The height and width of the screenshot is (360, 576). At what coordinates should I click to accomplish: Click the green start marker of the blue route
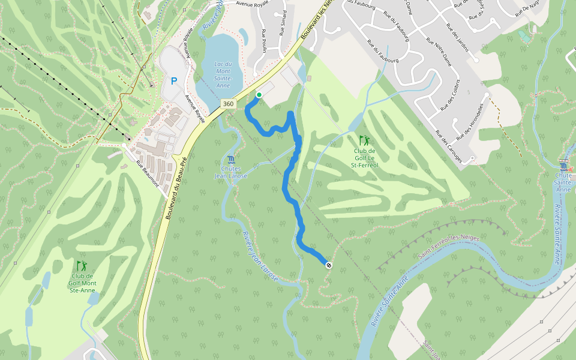coord(259,95)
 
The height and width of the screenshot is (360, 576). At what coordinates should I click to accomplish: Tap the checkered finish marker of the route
coord(328,265)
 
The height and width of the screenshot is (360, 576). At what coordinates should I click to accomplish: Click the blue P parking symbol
coord(174,81)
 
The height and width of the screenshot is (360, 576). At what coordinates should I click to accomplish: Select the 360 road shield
coord(228,104)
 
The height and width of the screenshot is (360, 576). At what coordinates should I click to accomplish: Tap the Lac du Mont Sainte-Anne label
coord(222,74)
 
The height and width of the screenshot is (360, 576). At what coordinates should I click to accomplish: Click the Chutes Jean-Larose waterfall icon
coord(231,159)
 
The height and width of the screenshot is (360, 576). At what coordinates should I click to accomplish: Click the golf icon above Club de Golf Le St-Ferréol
coord(364,140)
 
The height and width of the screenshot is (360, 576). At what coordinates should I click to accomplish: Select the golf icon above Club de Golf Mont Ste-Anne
coord(82,265)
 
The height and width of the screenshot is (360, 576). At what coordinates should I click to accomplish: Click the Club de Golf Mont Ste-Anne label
coord(83,283)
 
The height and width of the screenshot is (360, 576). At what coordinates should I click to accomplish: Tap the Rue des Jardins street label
coord(457,37)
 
